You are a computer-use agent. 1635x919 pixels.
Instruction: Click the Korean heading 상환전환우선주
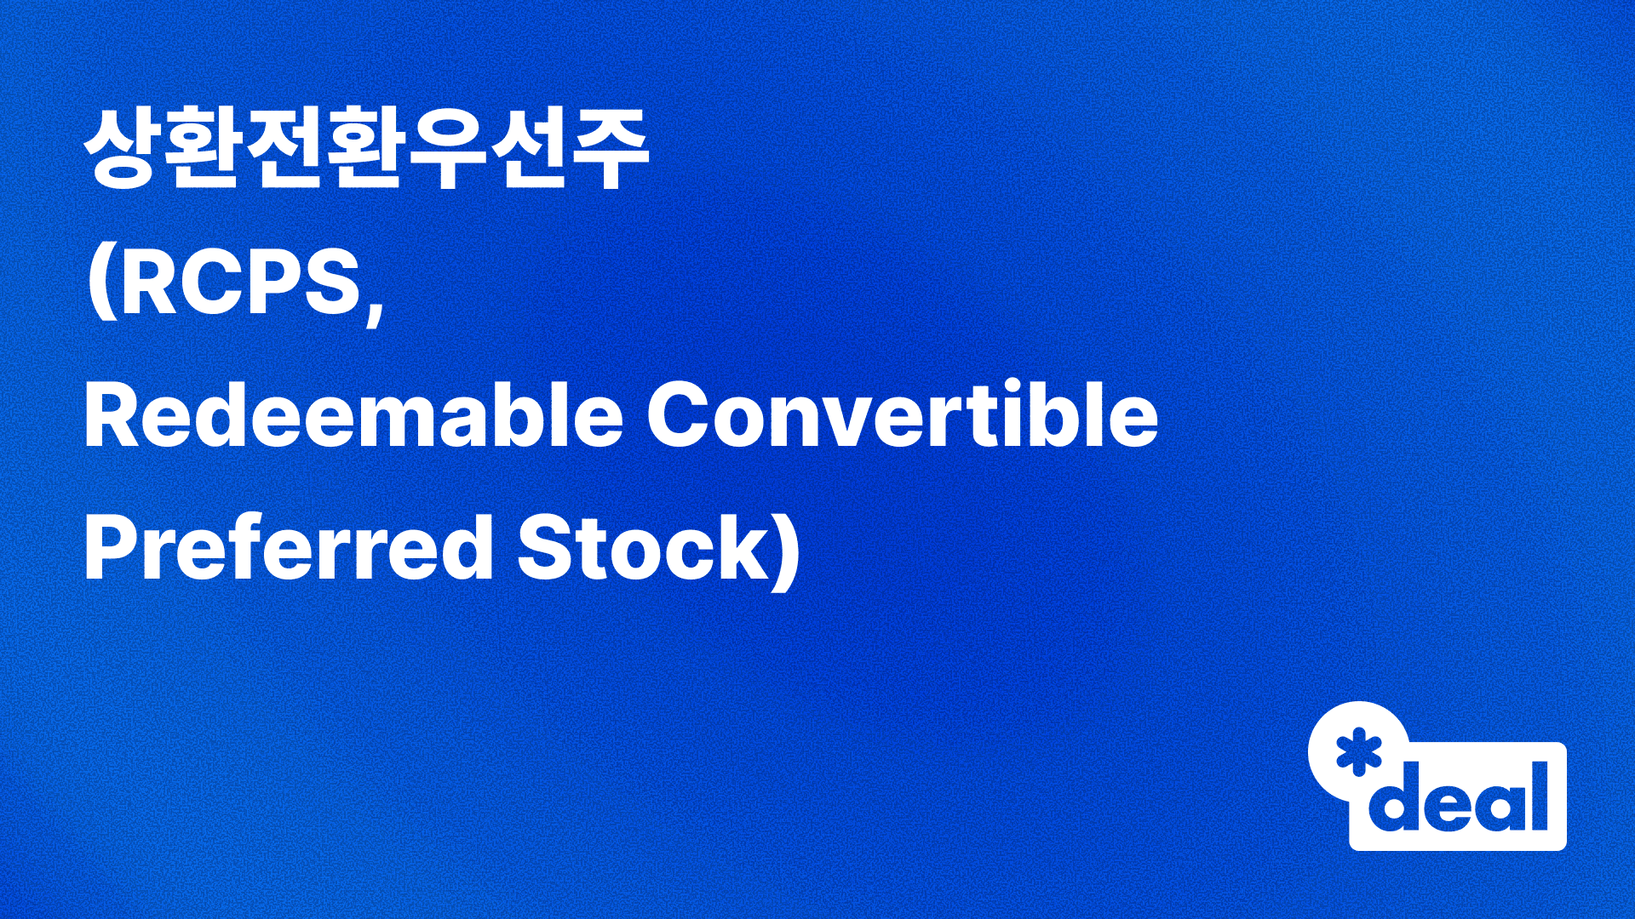click(366, 151)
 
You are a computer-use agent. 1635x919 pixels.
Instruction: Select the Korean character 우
click(447, 151)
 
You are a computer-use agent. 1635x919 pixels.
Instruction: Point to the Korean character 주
click(609, 151)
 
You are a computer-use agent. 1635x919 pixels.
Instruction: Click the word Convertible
click(903, 414)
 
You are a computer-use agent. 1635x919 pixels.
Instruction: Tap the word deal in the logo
click(1458, 797)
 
